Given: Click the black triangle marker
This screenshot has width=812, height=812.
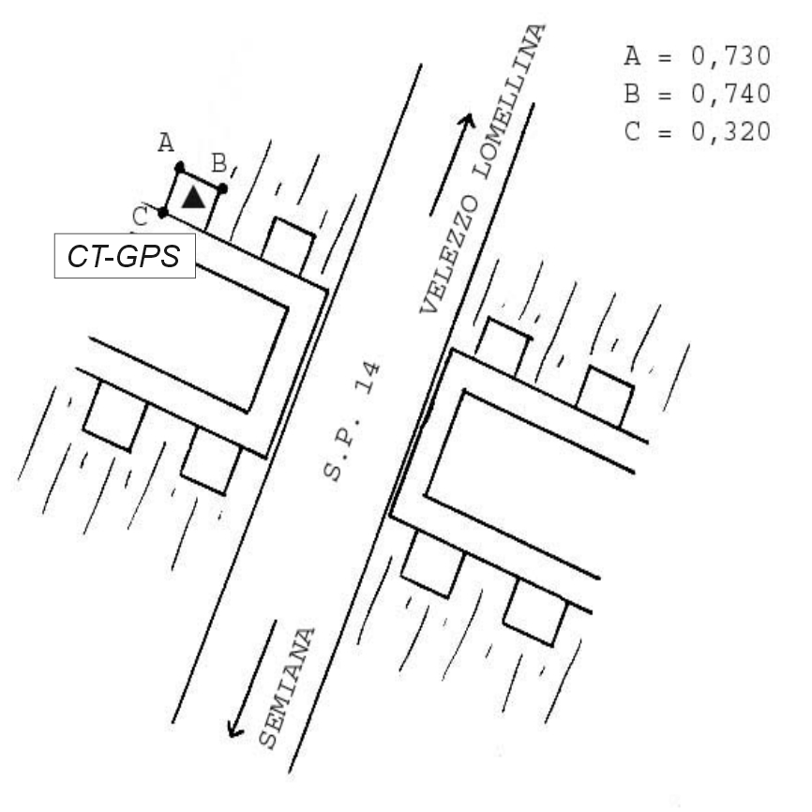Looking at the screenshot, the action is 194,198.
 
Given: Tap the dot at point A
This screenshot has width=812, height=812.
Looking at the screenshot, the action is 180,168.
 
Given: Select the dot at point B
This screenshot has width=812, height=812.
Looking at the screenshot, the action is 222,188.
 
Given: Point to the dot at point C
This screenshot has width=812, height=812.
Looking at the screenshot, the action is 162,212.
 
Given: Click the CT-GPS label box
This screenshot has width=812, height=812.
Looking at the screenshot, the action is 125,256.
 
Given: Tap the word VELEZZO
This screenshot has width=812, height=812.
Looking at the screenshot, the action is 448,254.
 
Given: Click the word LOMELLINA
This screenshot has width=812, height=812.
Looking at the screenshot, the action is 509,101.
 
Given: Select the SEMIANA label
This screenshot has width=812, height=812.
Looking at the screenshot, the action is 287,689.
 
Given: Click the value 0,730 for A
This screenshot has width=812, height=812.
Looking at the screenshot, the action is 730,56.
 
